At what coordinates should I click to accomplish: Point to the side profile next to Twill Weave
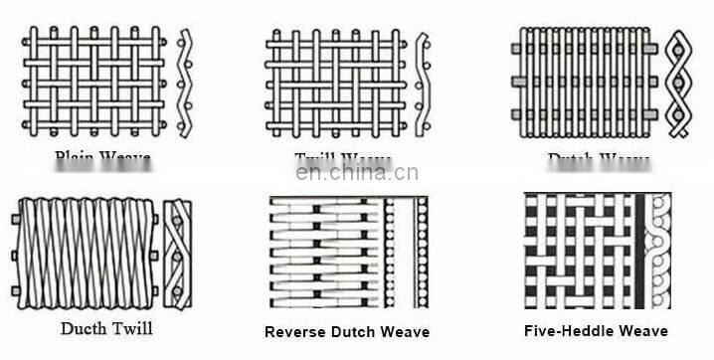click(x=424, y=84)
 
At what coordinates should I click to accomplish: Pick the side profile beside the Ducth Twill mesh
click(x=178, y=253)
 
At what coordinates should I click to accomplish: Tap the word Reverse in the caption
click(x=294, y=332)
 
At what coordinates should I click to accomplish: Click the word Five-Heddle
click(x=571, y=331)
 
